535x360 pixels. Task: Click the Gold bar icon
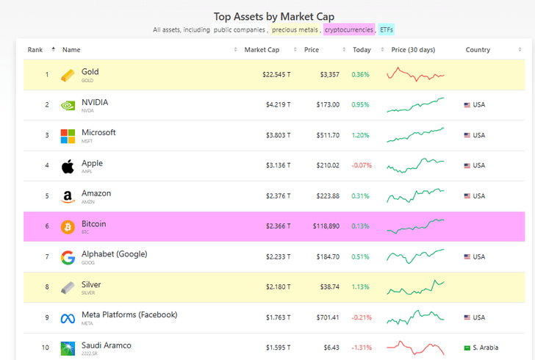[68, 75]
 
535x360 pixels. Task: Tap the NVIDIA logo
[68, 105]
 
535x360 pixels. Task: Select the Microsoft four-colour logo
[68, 136]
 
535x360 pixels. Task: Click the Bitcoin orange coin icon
[68, 226]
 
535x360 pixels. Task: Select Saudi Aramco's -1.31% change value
[361, 348]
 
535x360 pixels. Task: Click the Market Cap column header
[262, 50]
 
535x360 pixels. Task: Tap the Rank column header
[35, 50]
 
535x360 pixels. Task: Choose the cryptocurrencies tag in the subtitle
[349, 30]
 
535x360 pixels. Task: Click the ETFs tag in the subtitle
[387, 30]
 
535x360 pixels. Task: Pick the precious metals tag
[295, 30]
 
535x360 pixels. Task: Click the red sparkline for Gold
[415, 74]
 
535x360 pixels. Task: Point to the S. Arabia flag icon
[467, 348]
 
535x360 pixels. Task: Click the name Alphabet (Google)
[114, 254]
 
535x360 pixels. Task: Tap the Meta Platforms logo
[68, 317]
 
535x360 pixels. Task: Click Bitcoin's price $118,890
[323, 226]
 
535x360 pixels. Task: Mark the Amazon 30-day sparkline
[415, 195]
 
